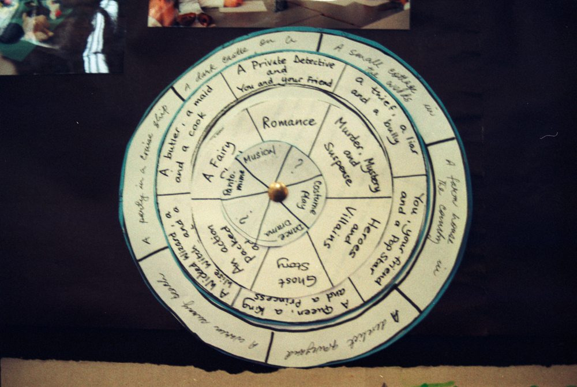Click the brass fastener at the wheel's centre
[278, 191]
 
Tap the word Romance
[288, 122]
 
